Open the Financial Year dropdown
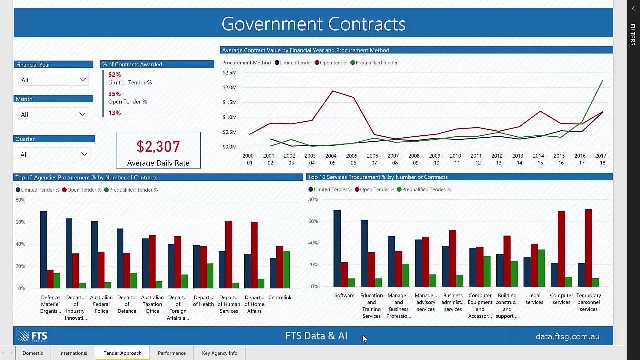click(53, 80)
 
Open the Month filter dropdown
click(53, 115)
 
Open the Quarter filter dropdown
click(54, 155)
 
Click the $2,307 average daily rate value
click(158, 147)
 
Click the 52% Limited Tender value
click(114, 75)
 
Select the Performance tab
click(172, 353)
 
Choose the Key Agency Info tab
click(220, 353)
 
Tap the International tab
click(73, 353)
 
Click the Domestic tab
click(33, 353)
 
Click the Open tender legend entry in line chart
click(333, 63)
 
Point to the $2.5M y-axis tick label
click(229, 73)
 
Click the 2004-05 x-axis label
click(332, 159)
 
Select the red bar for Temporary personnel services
click(588, 248)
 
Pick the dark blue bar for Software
click(337, 248)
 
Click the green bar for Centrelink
click(286, 269)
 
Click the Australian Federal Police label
click(101, 304)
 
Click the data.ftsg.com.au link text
click(567, 337)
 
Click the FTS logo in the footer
click(32, 336)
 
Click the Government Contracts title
click(313, 24)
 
